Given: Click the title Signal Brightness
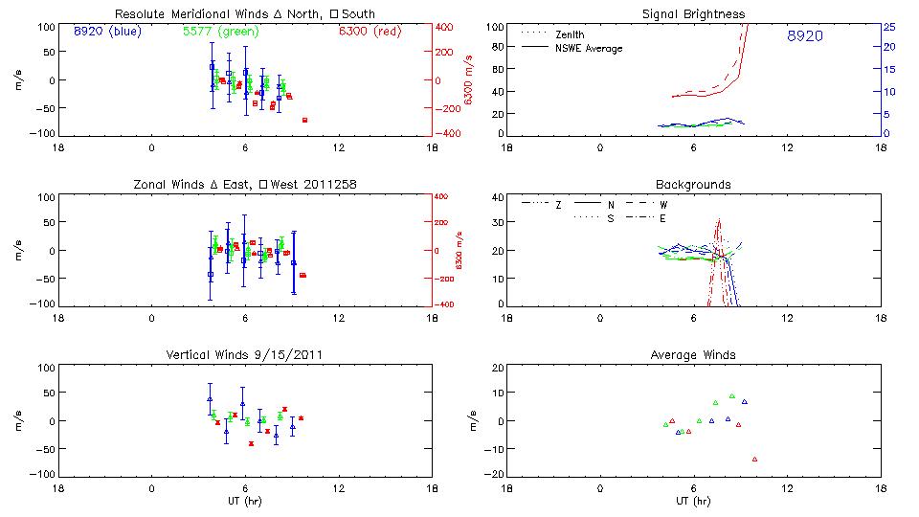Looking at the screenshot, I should pyautogui.click(x=695, y=14).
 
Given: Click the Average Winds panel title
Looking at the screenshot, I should pyautogui.click(x=695, y=355).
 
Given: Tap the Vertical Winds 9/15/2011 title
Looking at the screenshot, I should pyautogui.click(x=246, y=355).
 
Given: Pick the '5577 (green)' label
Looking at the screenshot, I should pyautogui.click(x=221, y=32).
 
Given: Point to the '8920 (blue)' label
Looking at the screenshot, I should pyautogui.click(x=106, y=32).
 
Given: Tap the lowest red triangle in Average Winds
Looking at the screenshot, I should pyautogui.click(x=754, y=460).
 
